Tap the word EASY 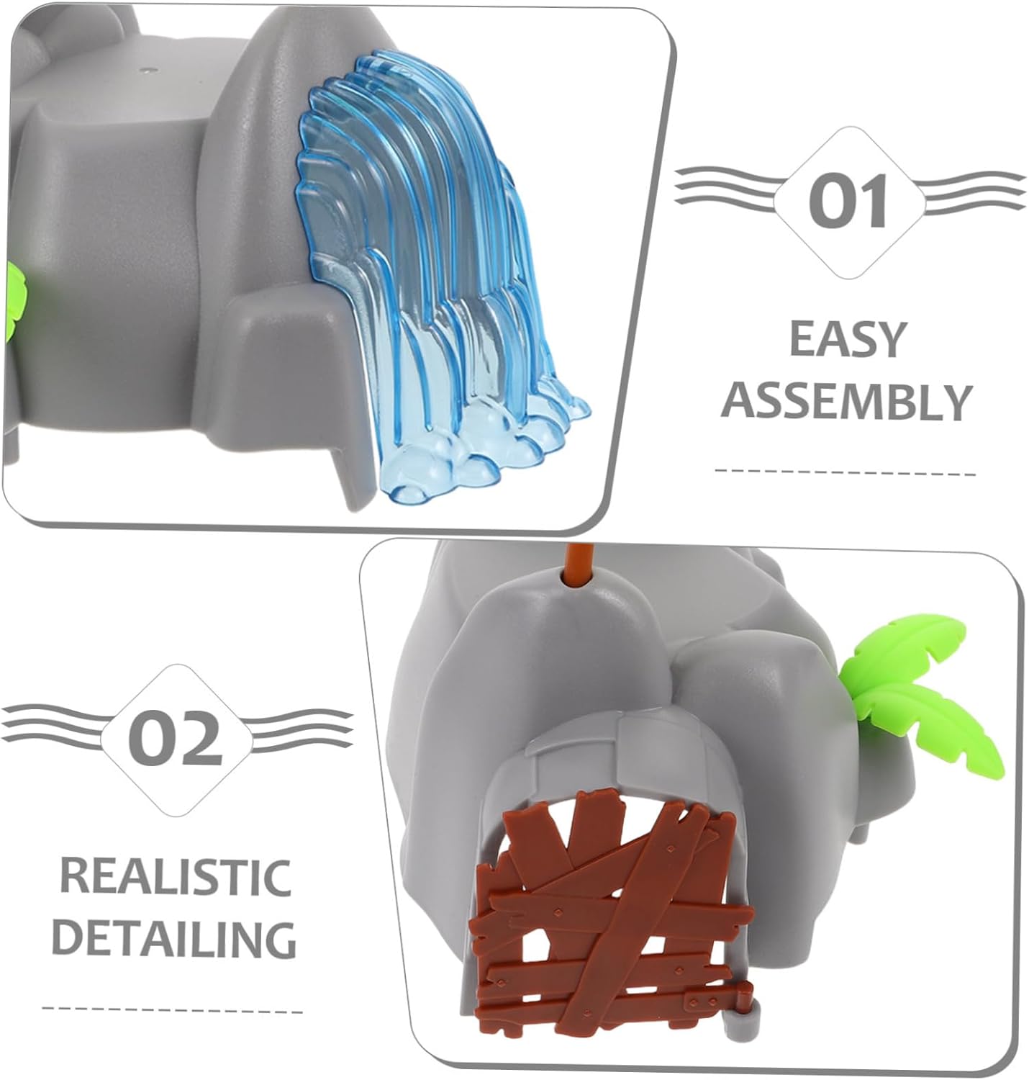(x=847, y=338)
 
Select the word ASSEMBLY (x=847, y=402)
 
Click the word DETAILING (x=175, y=938)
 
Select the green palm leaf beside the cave (x=914, y=684)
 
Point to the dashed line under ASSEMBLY (x=846, y=473)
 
